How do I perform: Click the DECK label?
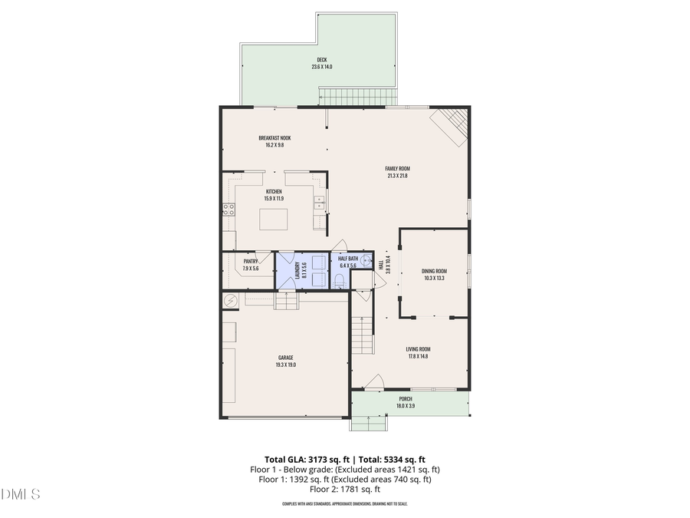pos(321,60)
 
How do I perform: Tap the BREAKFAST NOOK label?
pos(274,138)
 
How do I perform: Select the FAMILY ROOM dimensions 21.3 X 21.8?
pos(397,176)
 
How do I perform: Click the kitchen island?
pos(274,219)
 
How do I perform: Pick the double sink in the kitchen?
pos(320,204)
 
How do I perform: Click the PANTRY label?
pos(251,262)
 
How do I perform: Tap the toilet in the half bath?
pos(338,282)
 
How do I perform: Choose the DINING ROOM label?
pos(434,271)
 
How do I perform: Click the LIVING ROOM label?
pos(419,348)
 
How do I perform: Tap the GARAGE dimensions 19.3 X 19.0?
pos(285,365)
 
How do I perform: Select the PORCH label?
pos(406,399)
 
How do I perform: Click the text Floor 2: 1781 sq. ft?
pos(345,490)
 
